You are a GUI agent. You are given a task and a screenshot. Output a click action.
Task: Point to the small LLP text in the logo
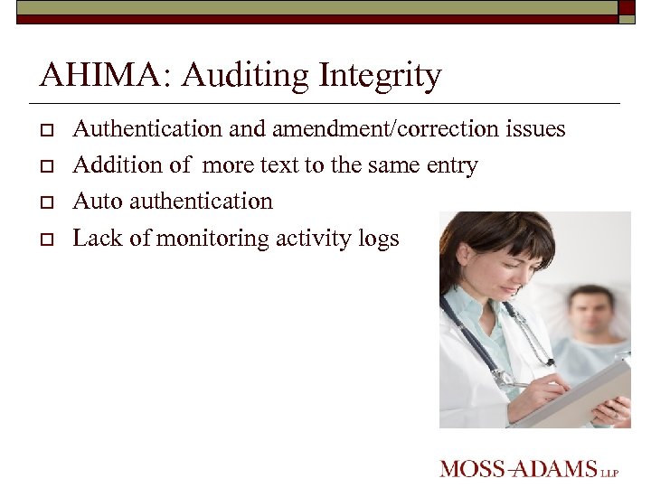(610, 472)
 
